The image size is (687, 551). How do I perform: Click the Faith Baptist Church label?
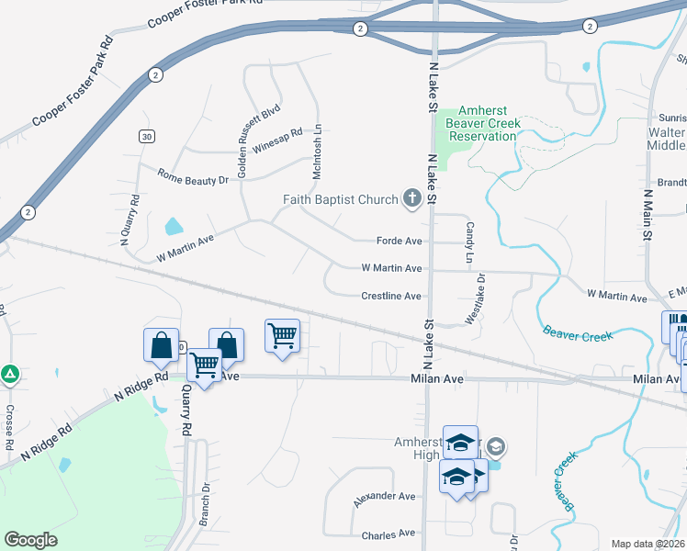(x=339, y=199)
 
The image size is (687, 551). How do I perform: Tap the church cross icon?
(x=411, y=198)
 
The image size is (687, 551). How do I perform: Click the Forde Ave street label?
(x=399, y=242)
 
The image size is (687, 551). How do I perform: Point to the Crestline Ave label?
(x=390, y=296)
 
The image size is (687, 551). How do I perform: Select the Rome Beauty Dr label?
(x=192, y=176)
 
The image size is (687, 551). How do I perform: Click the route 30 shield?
(x=146, y=136)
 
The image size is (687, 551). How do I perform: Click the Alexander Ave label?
(x=385, y=497)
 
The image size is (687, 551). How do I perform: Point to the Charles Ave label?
(x=389, y=534)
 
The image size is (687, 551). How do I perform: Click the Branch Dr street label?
(x=206, y=504)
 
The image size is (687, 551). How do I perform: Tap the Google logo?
(x=30, y=540)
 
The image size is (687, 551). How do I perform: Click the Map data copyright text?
(x=647, y=544)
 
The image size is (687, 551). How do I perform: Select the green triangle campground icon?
(x=10, y=374)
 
